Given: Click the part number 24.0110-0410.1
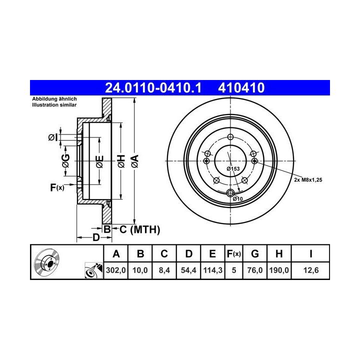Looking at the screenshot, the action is click(x=153, y=87).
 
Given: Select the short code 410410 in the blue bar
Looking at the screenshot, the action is click(x=241, y=87).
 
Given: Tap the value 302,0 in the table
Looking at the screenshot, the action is click(x=115, y=270).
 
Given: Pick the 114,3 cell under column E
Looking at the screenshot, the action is click(x=212, y=270).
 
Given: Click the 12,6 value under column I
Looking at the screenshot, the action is click(x=311, y=270).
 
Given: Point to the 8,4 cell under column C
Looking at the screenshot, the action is click(x=164, y=270).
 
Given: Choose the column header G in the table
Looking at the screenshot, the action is click(x=255, y=254).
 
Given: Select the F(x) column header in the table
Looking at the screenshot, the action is click(x=233, y=254).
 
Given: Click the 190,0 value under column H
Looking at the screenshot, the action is click(x=279, y=270).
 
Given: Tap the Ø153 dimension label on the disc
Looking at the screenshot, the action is click(x=233, y=169).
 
